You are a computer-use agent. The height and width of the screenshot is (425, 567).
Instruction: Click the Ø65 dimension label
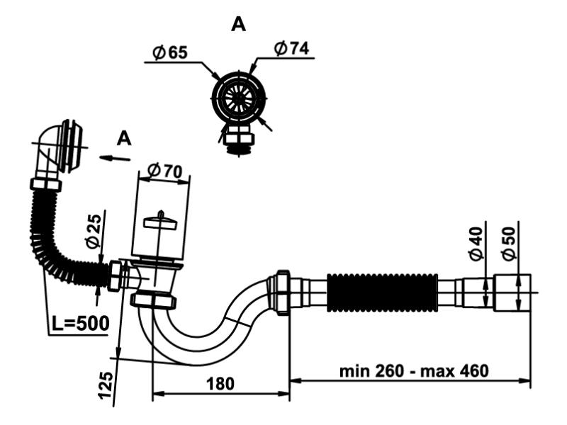[170, 52]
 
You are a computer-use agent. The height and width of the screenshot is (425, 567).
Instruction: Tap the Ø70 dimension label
[164, 171]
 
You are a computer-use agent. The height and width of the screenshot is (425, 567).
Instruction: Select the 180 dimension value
[220, 383]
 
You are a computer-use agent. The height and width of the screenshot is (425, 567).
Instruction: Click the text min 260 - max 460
[414, 370]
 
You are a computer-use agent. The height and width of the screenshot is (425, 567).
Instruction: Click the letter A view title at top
[239, 25]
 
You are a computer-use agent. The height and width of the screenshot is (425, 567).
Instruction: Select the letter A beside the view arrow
[124, 139]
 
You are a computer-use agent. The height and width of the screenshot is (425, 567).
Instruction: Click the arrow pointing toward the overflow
[115, 158]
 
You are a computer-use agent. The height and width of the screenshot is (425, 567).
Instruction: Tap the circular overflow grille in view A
[240, 98]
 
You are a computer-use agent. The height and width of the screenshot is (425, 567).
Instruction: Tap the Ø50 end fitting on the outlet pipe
[512, 291]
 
